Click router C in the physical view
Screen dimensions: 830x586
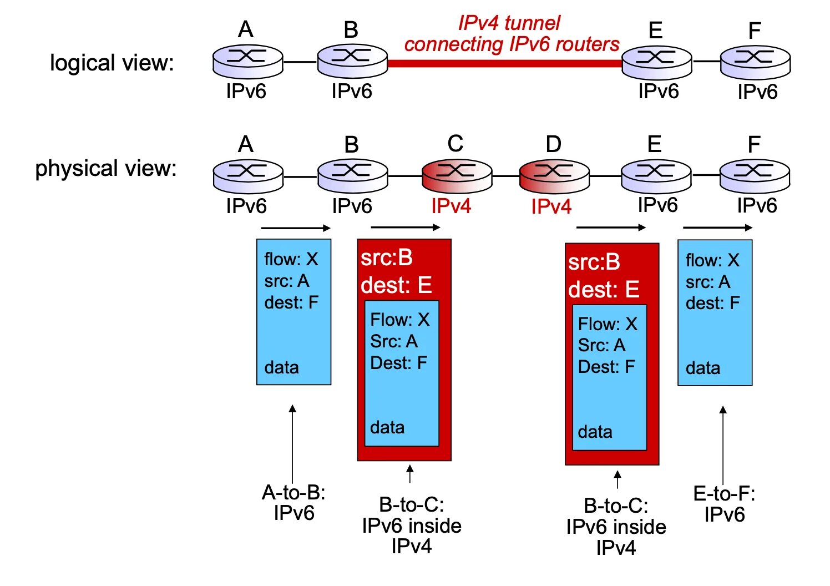tap(457, 176)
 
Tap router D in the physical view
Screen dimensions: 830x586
tap(554, 176)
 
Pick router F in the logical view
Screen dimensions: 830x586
tap(755, 62)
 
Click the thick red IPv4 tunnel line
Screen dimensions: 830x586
tap(505, 63)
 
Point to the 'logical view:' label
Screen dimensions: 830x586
tap(112, 63)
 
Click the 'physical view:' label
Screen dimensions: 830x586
tap(105, 168)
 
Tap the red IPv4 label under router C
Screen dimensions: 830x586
tap(451, 206)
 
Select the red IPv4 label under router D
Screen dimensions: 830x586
tap(551, 206)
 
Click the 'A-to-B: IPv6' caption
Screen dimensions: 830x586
tap(293, 503)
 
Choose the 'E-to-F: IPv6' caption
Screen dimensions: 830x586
tap(724, 504)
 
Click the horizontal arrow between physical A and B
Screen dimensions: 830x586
tap(296, 228)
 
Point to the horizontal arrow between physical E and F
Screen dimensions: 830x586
tap(717, 228)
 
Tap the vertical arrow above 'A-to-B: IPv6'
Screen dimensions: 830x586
tap(293, 444)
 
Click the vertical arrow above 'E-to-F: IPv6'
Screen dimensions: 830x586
tap(723, 445)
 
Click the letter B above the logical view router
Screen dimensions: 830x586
tap(351, 29)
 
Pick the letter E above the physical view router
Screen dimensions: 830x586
tap(654, 144)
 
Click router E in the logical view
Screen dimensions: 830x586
tap(656, 62)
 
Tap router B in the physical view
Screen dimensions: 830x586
tap(353, 176)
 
